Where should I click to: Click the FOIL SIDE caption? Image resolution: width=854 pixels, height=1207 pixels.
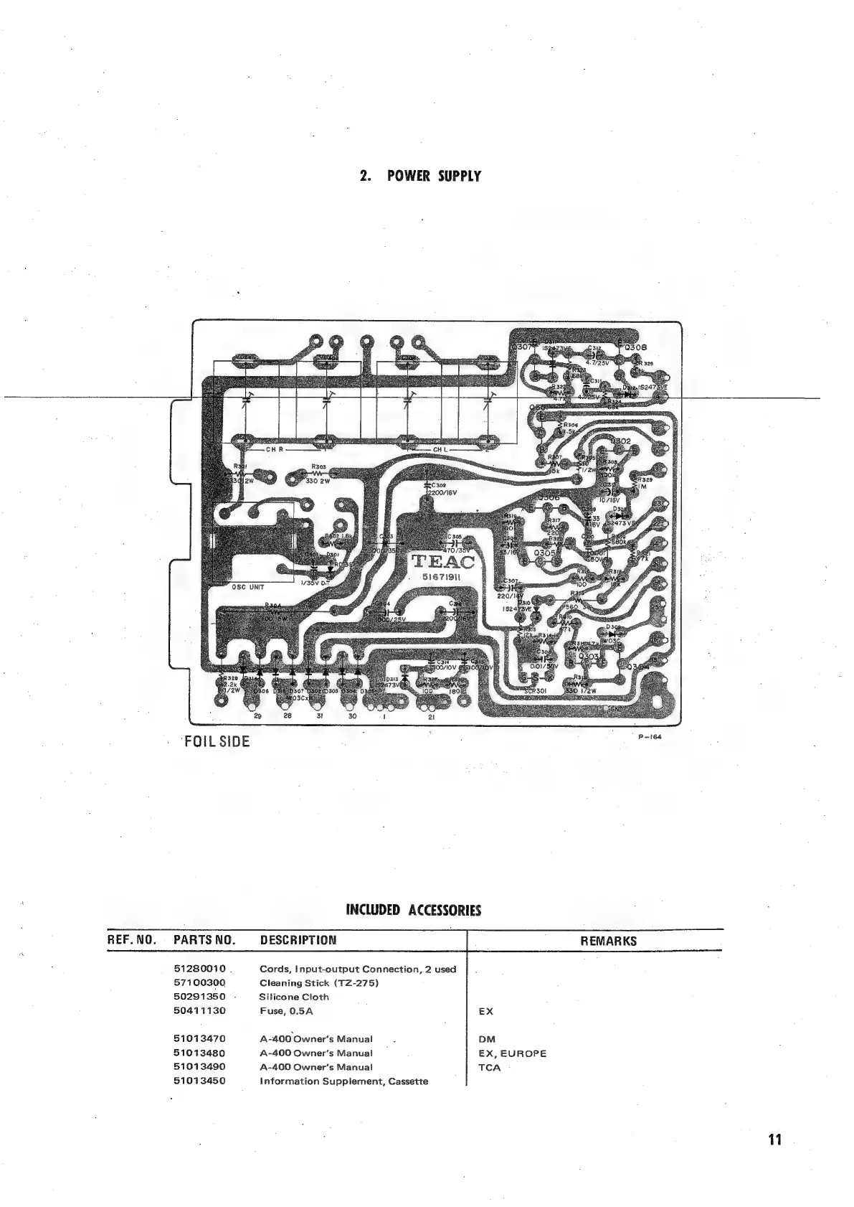click(x=217, y=742)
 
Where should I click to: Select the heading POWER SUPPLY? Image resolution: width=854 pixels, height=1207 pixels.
click(x=419, y=176)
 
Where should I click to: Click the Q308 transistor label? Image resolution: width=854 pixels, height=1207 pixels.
click(x=636, y=347)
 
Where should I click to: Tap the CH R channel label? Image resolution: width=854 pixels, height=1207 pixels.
click(x=275, y=450)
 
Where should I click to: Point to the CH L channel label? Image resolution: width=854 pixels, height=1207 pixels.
click(x=440, y=450)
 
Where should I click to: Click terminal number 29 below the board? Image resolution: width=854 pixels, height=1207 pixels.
click(x=257, y=716)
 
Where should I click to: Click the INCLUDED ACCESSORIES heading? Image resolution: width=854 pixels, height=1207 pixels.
click(x=413, y=911)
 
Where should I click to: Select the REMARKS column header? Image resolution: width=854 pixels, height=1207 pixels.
click(x=608, y=941)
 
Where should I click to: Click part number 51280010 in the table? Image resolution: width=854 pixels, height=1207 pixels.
click(x=199, y=969)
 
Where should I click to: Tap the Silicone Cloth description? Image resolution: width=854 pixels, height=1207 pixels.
click(x=294, y=997)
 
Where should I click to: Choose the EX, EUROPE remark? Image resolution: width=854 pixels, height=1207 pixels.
click(x=512, y=1053)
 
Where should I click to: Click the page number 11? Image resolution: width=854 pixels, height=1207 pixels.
click(x=774, y=1140)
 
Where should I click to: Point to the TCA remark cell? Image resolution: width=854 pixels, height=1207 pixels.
click(x=489, y=1067)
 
